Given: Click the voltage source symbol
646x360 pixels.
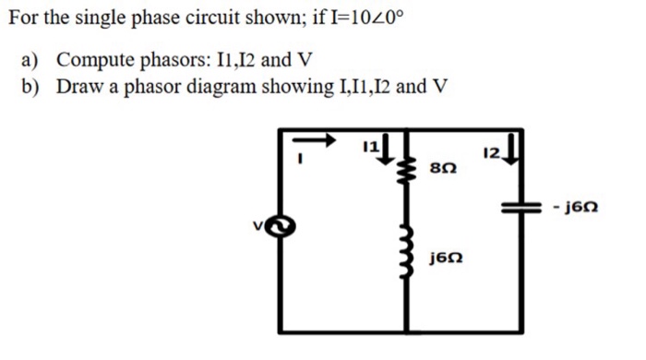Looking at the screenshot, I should [x=285, y=223].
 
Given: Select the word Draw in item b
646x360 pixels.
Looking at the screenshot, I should [x=77, y=87].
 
